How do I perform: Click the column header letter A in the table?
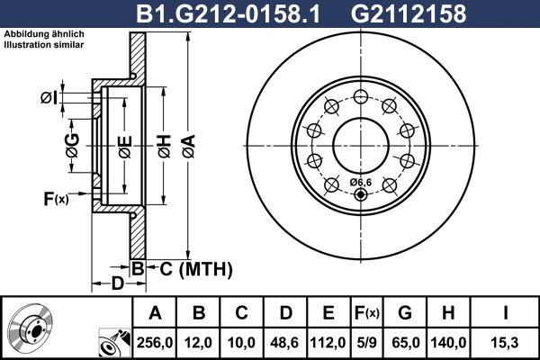[155, 314]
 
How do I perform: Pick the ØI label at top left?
[49, 96]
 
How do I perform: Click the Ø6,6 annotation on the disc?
[360, 183]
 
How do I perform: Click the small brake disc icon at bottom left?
[32, 328]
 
